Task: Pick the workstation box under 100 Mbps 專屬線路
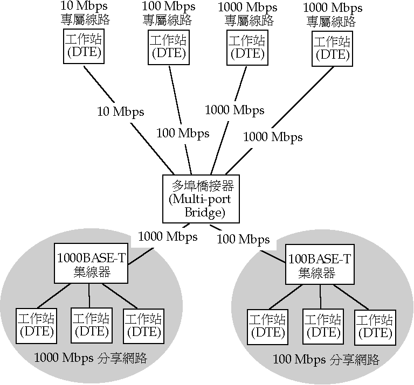pyautogui.click(x=168, y=47)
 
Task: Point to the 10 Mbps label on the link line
pyautogui.click(x=121, y=111)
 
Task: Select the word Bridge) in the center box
pyautogui.click(x=204, y=213)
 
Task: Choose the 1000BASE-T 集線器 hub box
pyautogui.click(x=92, y=264)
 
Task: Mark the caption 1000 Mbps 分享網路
pyautogui.click(x=91, y=358)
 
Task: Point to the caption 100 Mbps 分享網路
pyautogui.click(x=326, y=359)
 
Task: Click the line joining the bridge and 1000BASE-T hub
pyautogui.click(x=140, y=257)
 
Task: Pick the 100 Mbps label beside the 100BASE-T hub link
pyautogui.click(x=243, y=239)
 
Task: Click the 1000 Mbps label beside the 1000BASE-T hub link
pyautogui.click(x=168, y=236)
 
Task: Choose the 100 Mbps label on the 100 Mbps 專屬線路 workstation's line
pyautogui.click(x=182, y=134)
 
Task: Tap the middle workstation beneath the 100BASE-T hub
pyautogui.click(x=322, y=326)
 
